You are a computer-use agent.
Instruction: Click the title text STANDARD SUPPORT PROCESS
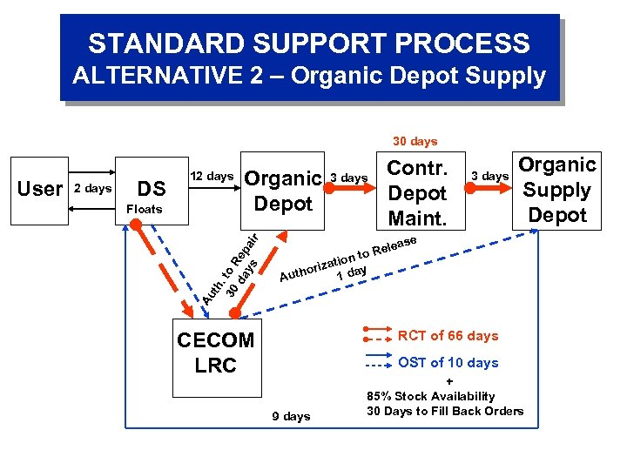point(308,43)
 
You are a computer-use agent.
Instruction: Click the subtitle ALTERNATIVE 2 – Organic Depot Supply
point(308,77)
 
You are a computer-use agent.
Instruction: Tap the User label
point(40,189)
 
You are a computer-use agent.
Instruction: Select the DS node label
point(152,189)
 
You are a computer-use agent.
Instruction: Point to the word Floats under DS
point(144,209)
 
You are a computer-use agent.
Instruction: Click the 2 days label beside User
point(92,189)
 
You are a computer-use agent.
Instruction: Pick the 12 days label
point(212,176)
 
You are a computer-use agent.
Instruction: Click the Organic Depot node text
point(283,191)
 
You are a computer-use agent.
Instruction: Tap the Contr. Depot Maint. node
point(417,193)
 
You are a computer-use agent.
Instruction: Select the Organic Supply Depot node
point(557,190)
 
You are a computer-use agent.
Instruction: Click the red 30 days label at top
point(415,141)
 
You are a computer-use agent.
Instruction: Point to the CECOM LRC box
point(215,352)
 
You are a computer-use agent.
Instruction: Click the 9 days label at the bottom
point(291,416)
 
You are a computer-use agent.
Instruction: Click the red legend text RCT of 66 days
point(448,336)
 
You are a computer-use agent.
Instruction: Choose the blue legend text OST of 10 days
point(448,363)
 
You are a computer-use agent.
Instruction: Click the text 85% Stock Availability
point(432,397)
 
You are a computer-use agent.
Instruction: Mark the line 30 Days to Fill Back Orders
point(445,411)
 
